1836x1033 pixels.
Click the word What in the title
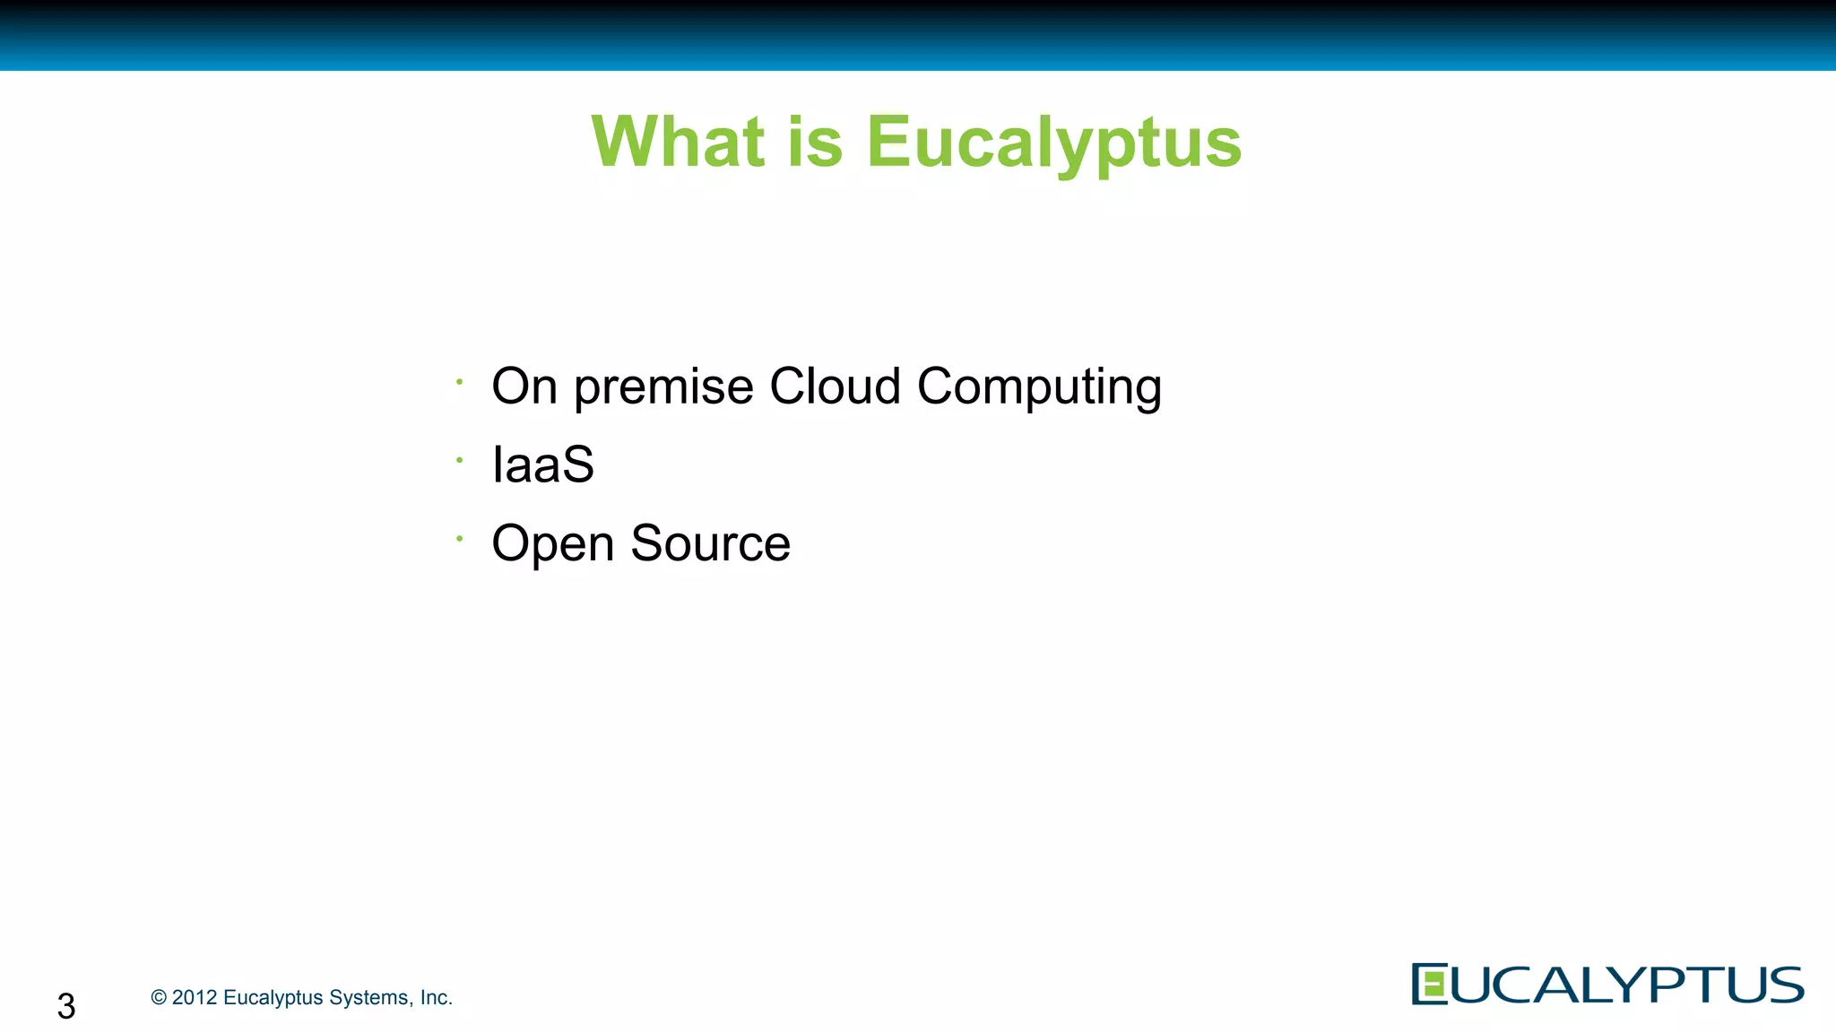[x=678, y=142]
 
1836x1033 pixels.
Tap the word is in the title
[x=815, y=142]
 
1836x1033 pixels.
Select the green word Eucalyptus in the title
[x=1053, y=143]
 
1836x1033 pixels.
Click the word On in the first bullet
[x=524, y=386]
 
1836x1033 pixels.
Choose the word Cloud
[x=835, y=386]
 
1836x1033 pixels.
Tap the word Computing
[x=1039, y=388]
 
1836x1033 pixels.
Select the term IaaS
[x=542, y=464]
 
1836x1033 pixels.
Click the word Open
[x=552, y=544]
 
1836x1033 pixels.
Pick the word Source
[x=710, y=543]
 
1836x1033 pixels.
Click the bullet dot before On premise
[x=459, y=382]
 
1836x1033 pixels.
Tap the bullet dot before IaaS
[x=459, y=460]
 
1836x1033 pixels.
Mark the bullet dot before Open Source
[x=459, y=538]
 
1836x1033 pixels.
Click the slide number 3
[x=66, y=1005]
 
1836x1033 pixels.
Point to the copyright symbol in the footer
[x=159, y=997]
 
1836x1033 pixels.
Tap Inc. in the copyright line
[x=436, y=997]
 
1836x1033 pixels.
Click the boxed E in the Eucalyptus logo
[x=1430, y=984]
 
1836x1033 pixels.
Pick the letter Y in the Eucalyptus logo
[x=1626, y=985]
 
